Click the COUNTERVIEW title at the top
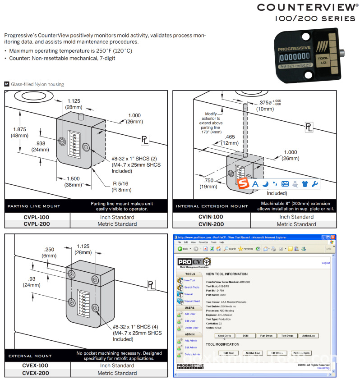click(308, 7)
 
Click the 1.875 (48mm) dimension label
click(20, 132)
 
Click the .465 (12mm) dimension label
click(230, 140)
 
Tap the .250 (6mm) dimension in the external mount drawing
click(50, 252)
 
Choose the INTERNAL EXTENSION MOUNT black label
click(211, 206)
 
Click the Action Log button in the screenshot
click(309, 335)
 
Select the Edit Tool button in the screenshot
click(228, 353)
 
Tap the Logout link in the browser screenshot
click(325, 263)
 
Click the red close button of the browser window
click(333, 237)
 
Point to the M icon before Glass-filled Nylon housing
click(6, 84)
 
